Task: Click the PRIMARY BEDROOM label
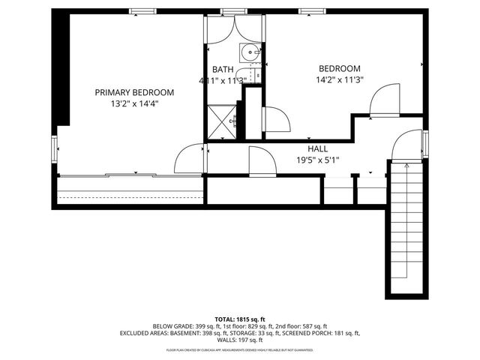tap(134, 92)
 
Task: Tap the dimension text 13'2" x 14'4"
tap(134, 104)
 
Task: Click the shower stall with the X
tap(222, 122)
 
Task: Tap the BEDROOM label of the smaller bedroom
tap(340, 67)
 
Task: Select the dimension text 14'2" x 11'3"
tap(340, 79)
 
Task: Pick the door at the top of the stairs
tap(409, 145)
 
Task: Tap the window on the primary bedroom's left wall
tap(53, 148)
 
